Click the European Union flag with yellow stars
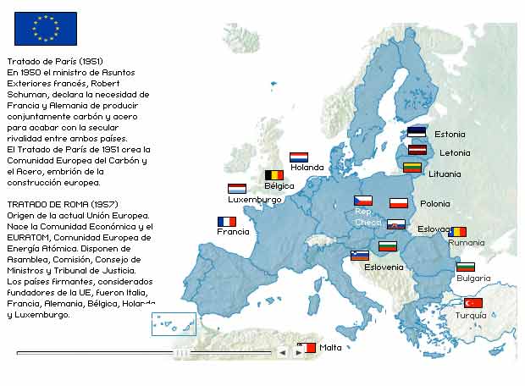45,28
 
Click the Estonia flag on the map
416,132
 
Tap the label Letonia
455,153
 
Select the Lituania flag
412,168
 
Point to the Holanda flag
298,157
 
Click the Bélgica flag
274,174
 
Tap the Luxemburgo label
254,200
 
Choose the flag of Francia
226,221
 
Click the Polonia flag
399,202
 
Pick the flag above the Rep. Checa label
362,201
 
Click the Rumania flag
457,231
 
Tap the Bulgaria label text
473,278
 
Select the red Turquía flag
472,303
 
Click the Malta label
330,347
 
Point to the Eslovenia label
384,267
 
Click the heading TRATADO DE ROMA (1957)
62,205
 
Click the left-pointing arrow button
283,351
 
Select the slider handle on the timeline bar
181,351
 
